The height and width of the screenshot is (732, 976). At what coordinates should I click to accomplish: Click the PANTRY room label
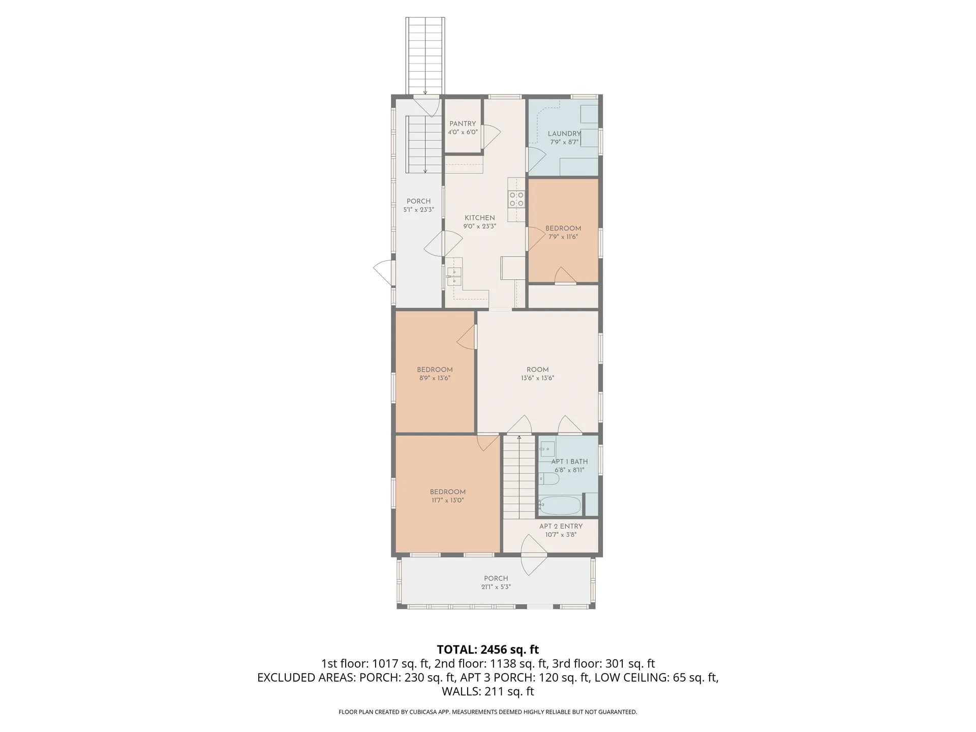463,124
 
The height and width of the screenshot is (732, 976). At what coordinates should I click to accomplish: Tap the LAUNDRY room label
564,134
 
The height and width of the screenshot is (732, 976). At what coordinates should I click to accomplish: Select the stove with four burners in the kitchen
516,199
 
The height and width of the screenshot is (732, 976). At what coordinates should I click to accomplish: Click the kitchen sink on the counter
454,278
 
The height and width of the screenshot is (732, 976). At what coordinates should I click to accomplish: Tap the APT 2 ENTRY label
561,526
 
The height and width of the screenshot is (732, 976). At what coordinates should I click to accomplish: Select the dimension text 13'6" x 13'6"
537,378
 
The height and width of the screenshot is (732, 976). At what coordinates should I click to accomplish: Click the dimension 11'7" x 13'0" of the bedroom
447,500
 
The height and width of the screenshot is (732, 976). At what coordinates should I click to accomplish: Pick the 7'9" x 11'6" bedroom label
563,228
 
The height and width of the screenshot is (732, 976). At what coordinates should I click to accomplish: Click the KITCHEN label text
479,218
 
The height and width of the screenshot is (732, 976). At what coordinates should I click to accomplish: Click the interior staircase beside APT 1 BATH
519,478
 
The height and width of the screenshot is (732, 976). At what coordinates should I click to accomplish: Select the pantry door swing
491,136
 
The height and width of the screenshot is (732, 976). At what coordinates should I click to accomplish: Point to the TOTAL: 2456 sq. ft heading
487,650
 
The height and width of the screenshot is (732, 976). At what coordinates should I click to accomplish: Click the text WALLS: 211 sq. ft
487,691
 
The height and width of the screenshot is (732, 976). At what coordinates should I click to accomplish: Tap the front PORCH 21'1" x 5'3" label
496,578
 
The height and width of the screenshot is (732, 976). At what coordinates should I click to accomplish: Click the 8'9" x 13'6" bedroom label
435,370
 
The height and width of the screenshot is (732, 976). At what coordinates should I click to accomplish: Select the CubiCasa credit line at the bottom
487,712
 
